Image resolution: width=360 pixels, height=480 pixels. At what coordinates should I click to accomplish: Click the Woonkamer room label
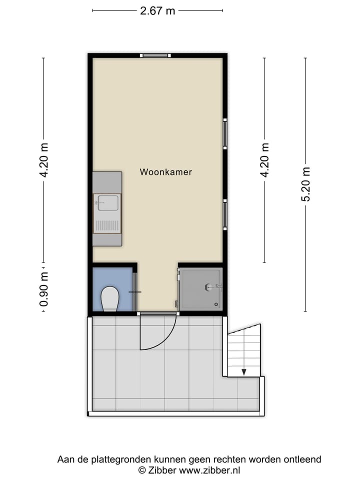(165, 172)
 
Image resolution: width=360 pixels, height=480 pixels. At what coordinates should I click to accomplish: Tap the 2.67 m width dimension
(157, 10)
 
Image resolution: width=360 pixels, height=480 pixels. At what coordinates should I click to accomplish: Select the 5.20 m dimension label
(305, 184)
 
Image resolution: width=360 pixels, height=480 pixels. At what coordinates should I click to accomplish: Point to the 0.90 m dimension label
(44, 289)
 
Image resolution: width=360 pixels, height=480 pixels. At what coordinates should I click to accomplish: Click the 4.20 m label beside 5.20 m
(264, 160)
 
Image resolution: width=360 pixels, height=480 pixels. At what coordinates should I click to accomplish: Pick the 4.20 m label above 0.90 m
(44, 160)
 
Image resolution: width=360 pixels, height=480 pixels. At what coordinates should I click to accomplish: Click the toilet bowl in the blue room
(109, 299)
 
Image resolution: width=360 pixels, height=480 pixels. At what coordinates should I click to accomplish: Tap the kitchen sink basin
(108, 203)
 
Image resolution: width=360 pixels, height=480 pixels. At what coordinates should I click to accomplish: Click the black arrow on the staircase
(244, 371)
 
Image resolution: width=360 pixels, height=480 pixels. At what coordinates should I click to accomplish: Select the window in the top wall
(155, 55)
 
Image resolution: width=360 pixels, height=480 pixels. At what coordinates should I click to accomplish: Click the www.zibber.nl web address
(209, 470)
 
